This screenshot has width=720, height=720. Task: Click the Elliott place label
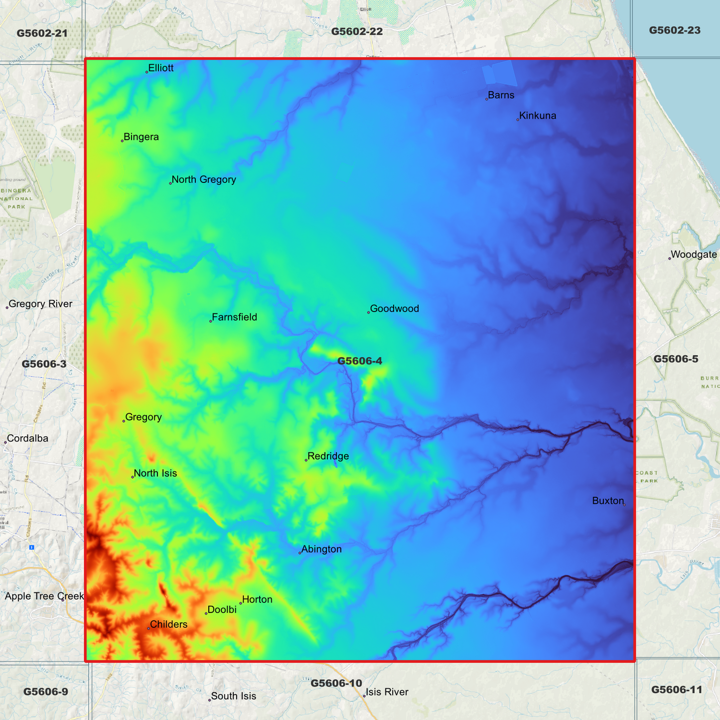161,68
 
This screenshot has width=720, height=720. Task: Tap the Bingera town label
141,137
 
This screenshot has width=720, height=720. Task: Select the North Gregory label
204,179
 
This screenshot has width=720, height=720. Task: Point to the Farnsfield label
234,317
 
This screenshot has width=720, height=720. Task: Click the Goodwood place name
394,309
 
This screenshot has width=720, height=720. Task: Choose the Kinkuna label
538,116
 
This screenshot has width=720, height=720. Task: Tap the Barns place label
501,95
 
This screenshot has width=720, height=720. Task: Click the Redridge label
328,456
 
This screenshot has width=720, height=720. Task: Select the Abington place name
321,550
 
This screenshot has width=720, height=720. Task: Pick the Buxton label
608,501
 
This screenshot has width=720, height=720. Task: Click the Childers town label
168,625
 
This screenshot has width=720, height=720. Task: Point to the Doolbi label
222,610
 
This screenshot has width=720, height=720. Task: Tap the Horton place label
257,600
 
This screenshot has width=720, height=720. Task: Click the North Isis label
155,473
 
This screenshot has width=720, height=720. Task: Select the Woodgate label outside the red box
694,255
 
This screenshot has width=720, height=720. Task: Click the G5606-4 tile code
360,361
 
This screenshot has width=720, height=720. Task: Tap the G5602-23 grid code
675,30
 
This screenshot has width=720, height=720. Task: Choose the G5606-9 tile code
46,692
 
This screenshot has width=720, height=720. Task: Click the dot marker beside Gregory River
7,308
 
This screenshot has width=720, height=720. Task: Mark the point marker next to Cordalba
5,442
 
